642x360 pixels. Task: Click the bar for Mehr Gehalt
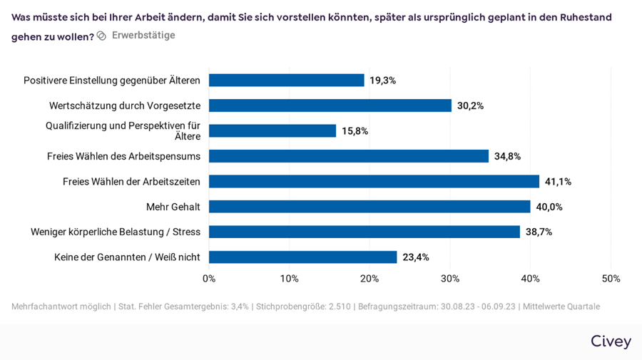click(370, 207)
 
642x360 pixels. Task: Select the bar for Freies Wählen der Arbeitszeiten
click(374, 182)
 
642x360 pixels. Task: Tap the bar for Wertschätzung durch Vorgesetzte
click(330, 106)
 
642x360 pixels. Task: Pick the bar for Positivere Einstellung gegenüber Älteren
click(286, 81)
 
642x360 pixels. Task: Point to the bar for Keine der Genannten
click(302, 257)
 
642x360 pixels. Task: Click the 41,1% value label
click(558, 182)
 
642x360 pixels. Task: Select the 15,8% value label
click(355, 131)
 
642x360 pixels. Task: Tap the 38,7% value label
click(539, 232)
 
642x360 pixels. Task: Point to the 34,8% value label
click(507, 156)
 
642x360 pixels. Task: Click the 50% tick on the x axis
click(611, 279)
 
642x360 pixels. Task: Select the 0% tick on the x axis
click(209, 279)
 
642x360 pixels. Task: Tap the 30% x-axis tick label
click(450, 279)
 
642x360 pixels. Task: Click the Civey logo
click(611, 341)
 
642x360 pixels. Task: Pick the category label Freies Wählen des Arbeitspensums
click(123, 156)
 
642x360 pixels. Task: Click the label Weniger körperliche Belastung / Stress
click(116, 232)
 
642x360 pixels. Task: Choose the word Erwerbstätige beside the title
click(143, 36)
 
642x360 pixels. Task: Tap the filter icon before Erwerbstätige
click(101, 36)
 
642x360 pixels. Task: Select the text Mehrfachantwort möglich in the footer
click(61, 307)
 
